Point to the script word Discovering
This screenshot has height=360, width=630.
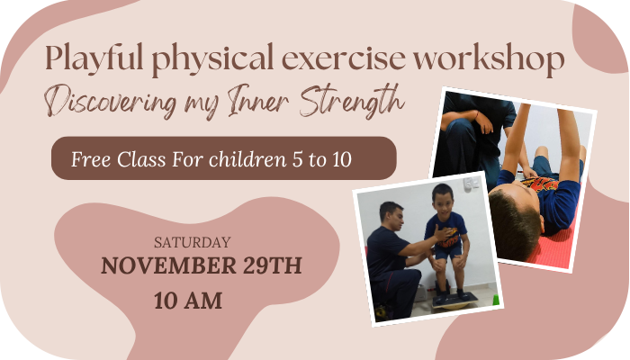click(111, 102)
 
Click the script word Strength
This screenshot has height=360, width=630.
click(352, 101)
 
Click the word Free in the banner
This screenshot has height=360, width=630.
click(91, 159)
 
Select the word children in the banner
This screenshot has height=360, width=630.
click(247, 159)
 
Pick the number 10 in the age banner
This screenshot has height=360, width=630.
click(342, 159)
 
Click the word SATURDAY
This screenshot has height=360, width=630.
click(193, 242)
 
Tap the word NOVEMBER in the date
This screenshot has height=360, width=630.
click(168, 265)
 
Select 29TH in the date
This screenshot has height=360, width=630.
click(273, 265)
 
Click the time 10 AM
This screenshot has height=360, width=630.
click(188, 301)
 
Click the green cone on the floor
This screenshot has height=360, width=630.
click(496, 300)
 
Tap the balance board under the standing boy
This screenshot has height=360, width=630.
click(455, 301)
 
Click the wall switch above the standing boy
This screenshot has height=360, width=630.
click(471, 184)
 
